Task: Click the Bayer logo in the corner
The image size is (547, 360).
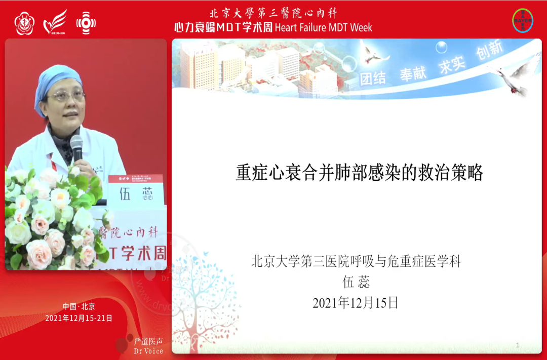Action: [x=523, y=20]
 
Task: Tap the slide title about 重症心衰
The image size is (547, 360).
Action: [x=360, y=173]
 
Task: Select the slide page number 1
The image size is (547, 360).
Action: [x=518, y=345]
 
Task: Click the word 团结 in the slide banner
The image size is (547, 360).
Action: [x=373, y=77]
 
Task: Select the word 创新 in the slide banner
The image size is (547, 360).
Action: [x=489, y=51]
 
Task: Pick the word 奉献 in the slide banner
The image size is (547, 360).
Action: [x=413, y=73]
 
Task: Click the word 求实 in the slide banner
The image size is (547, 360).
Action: [x=452, y=64]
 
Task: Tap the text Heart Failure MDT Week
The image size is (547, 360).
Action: [x=323, y=27]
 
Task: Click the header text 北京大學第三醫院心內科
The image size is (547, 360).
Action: [x=273, y=13]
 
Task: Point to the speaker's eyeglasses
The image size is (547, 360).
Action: [x=66, y=96]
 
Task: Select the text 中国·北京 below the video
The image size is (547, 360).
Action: [x=79, y=306]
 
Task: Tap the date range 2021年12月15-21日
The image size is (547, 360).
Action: [x=79, y=318]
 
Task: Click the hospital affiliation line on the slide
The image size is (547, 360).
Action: [x=356, y=262]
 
